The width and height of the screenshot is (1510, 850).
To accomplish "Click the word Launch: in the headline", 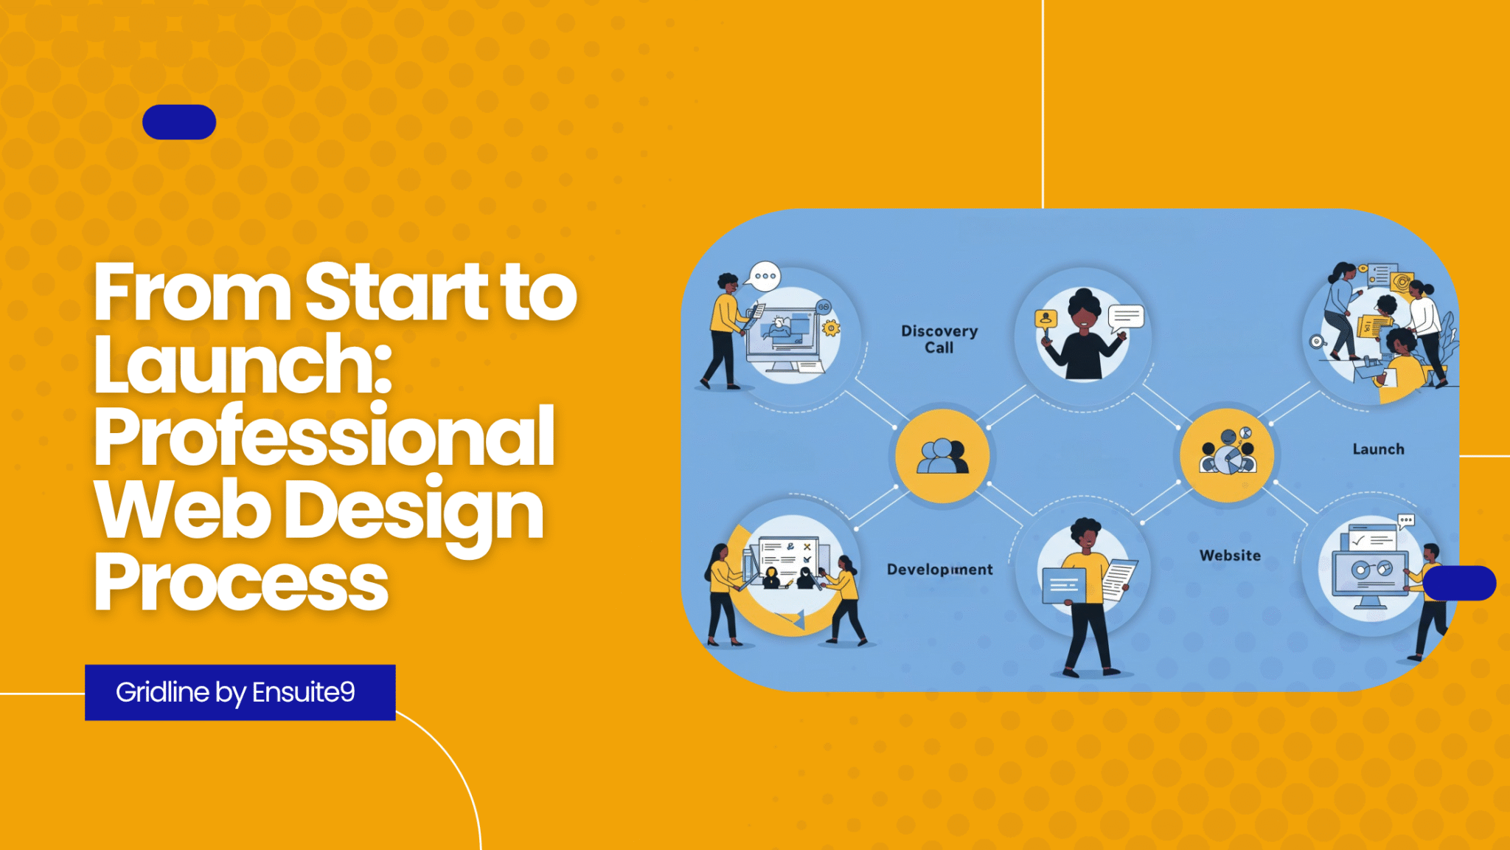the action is [243, 364].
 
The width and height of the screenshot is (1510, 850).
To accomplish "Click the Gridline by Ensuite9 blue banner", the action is [240, 692].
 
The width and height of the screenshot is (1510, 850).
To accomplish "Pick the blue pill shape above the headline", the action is [179, 122].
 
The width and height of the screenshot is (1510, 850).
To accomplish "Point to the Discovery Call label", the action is [939, 339].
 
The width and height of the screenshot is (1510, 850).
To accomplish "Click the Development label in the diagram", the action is [939, 569].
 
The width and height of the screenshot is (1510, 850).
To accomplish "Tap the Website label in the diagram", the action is [1230, 556].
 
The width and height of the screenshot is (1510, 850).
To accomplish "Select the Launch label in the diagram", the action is [1378, 449].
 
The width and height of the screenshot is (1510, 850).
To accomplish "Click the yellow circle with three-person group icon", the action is [942, 456].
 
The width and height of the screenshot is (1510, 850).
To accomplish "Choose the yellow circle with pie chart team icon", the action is [1227, 455].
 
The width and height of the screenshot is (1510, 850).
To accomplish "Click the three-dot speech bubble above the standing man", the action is [764, 277].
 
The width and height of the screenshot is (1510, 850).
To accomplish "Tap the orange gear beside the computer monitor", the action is [831, 328].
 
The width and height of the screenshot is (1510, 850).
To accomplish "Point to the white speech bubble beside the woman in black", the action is [1126, 317].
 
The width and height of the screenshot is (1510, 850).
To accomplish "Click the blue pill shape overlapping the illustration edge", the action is [1459, 583].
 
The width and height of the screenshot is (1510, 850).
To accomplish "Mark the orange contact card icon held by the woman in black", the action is [1045, 319].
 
